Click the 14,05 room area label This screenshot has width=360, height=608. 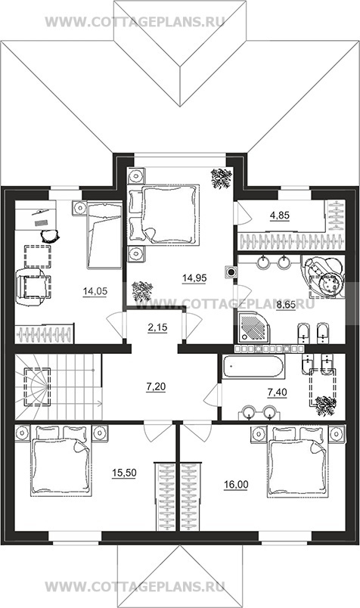95,291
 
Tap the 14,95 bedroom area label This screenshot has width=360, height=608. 194,278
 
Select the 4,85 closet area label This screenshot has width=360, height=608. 280,216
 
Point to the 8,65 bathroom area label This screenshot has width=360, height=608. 286,306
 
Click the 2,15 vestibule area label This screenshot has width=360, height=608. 157,327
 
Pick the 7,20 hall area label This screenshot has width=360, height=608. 156,386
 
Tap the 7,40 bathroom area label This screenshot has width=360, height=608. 278,392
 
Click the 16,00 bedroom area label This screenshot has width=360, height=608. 236,484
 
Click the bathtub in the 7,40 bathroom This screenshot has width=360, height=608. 254,366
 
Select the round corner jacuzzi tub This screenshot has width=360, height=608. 324,277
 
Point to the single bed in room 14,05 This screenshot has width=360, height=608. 104,235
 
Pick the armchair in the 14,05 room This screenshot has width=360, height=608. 33,287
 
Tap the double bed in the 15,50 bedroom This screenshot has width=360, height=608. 61,461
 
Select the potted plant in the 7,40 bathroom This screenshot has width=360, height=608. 326,405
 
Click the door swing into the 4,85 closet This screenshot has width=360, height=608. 242,212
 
